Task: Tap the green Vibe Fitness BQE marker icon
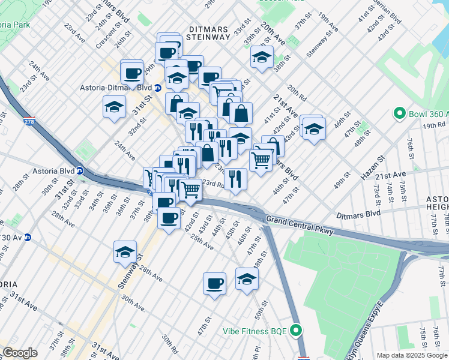(295, 331)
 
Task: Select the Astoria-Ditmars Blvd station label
(116, 88)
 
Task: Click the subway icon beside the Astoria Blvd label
(79, 171)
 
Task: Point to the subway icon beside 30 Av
(27, 237)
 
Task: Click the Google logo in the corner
(19, 353)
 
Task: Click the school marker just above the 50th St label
(247, 278)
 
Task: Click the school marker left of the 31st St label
(114, 107)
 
